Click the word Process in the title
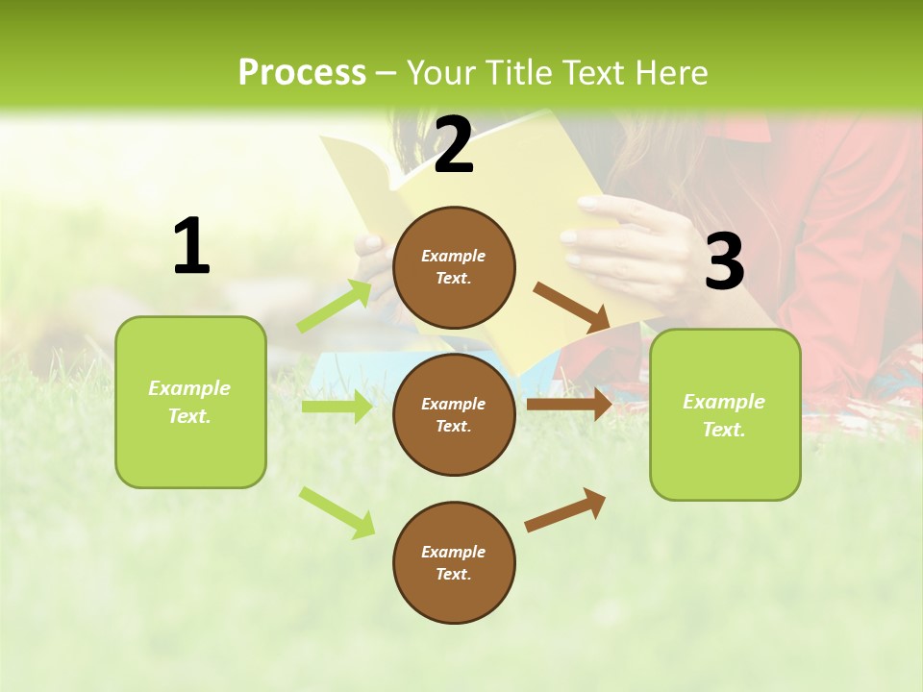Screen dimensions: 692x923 (x=302, y=72)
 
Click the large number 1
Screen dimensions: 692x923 (x=191, y=246)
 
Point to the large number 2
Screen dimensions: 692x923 (x=454, y=145)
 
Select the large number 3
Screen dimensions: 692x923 (x=724, y=262)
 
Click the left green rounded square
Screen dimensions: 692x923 (x=190, y=402)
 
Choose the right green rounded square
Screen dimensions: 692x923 (x=725, y=414)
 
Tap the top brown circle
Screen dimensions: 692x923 (x=454, y=267)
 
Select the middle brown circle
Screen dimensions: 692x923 (x=454, y=414)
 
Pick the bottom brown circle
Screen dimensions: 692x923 (x=454, y=562)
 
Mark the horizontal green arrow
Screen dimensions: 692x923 (x=337, y=407)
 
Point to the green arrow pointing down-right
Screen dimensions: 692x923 (x=337, y=512)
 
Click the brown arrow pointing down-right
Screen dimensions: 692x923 (x=571, y=307)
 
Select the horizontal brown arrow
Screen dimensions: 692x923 (x=569, y=404)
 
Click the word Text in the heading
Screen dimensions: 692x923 (x=589, y=72)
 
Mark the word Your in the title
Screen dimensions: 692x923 (x=440, y=72)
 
